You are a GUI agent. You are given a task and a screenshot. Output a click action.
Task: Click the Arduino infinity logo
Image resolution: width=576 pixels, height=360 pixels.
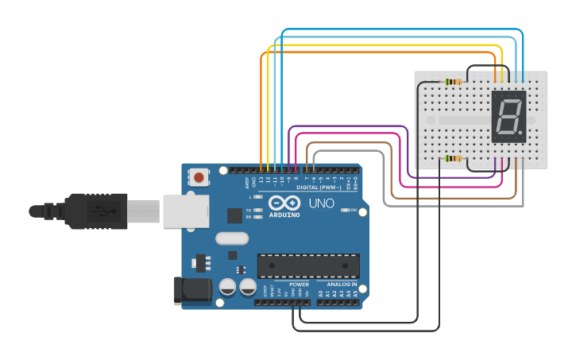click(x=283, y=202)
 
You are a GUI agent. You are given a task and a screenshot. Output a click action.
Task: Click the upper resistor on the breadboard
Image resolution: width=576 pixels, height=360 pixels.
click(x=453, y=82)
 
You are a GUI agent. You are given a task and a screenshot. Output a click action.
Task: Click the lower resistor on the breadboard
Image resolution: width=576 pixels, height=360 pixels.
click(x=453, y=158)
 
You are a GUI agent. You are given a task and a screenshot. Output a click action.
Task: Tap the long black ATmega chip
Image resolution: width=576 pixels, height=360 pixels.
click(x=308, y=265)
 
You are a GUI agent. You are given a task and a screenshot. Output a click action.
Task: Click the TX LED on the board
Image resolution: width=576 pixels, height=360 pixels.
click(x=257, y=210)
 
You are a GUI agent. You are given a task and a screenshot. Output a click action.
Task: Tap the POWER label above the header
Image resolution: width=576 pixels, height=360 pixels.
click(x=299, y=284)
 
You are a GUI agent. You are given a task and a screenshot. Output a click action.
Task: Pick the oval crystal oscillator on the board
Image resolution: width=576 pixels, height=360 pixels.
click(x=232, y=238)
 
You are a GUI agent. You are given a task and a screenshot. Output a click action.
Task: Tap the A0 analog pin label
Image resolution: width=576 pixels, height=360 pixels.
click(x=321, y=294)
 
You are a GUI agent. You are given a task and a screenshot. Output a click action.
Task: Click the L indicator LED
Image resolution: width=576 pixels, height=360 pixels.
click(x=257, y=195)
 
